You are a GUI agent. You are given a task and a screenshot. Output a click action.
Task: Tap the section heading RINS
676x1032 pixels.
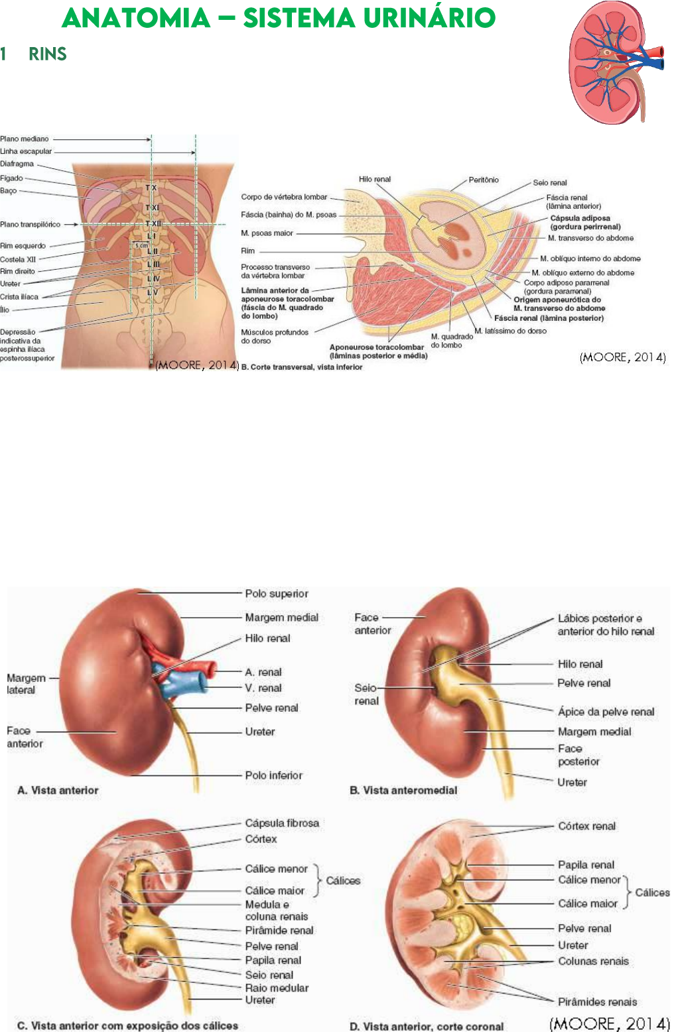pyautogui.click(x=47, y=54)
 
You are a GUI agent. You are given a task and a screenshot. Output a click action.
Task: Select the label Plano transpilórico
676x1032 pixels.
pyautogui.click(x=30, y=224)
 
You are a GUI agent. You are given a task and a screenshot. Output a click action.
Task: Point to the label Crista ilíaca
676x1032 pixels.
pyautogui.click(x=19, y=296)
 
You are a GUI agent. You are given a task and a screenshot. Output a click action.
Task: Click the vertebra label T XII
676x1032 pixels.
pyautogui.click(x=153, y=224)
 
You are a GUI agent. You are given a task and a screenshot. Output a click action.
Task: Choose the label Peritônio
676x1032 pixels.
pyautogui.click(x=483, y=180)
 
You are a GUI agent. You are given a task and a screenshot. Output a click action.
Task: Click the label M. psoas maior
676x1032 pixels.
pyautogui.click(x=267, y=233)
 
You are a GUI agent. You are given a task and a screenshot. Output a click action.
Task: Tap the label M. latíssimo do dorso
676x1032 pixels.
pyautogui.click(x=510, y=330)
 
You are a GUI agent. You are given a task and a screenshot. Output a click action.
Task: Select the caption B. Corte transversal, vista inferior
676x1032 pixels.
pyautogui.click(x=302, y=367)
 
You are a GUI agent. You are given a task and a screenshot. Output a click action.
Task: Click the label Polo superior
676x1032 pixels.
pyautogui.click(x=277, y=594)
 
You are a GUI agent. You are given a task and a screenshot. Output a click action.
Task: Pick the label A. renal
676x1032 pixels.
pyautogui.click(x=263, y=672)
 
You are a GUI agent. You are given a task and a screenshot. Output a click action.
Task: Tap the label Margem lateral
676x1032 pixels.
pyautogui.click(x=26, y=684)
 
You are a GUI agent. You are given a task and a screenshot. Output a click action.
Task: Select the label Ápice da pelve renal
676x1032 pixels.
pyautogui.click(x=606, y=712)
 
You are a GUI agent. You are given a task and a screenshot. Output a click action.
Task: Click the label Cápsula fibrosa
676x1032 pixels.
pyautogui.click(x=282, y=823)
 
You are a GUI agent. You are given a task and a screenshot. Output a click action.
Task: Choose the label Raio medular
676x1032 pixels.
pyautogui.click(x=277, y=988)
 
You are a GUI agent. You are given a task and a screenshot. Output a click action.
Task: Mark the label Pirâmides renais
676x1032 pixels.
pyautogui.click(x=597, y=1002)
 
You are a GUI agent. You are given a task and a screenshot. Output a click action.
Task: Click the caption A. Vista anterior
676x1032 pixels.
pyautogui.click(x=58, y=790)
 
